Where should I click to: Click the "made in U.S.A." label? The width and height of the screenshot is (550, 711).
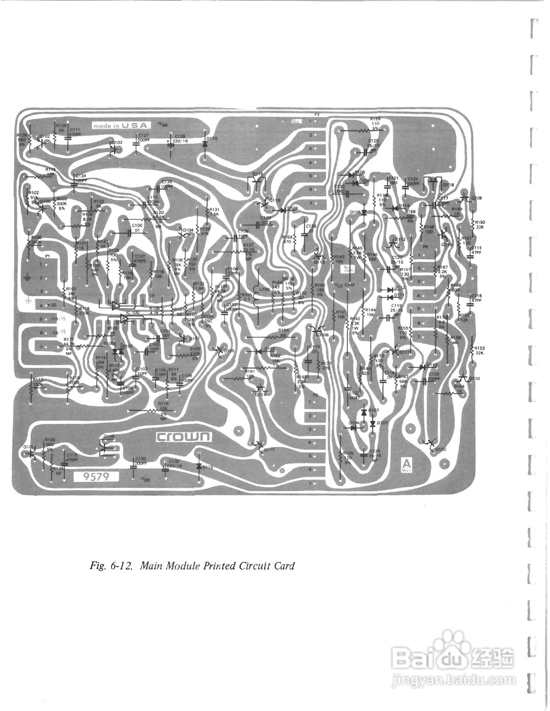[121, 126]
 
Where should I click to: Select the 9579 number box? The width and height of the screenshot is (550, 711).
[96, 476]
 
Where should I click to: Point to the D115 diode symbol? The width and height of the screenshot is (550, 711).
[199, 466]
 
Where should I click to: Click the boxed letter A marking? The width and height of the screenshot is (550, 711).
[406, 464]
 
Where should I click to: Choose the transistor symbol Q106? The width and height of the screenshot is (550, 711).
[104, 447]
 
